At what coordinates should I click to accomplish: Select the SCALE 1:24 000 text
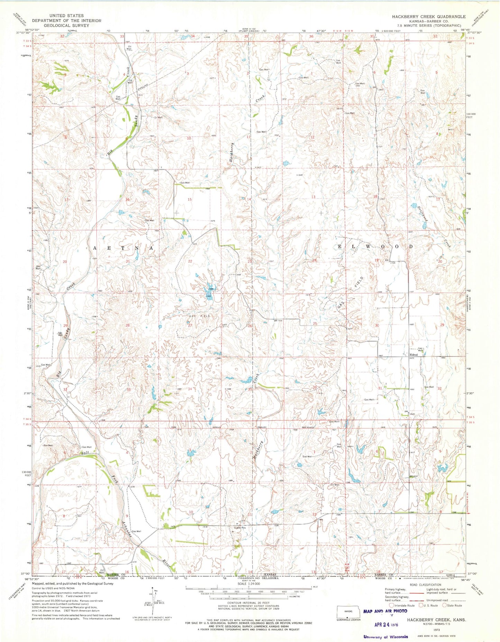click(x=249, y=584)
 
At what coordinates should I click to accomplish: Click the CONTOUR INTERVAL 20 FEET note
click(x=249, y=603)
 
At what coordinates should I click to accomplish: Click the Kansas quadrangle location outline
click(x=348, y=611)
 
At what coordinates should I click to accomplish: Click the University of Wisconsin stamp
click(x=385, y=637)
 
